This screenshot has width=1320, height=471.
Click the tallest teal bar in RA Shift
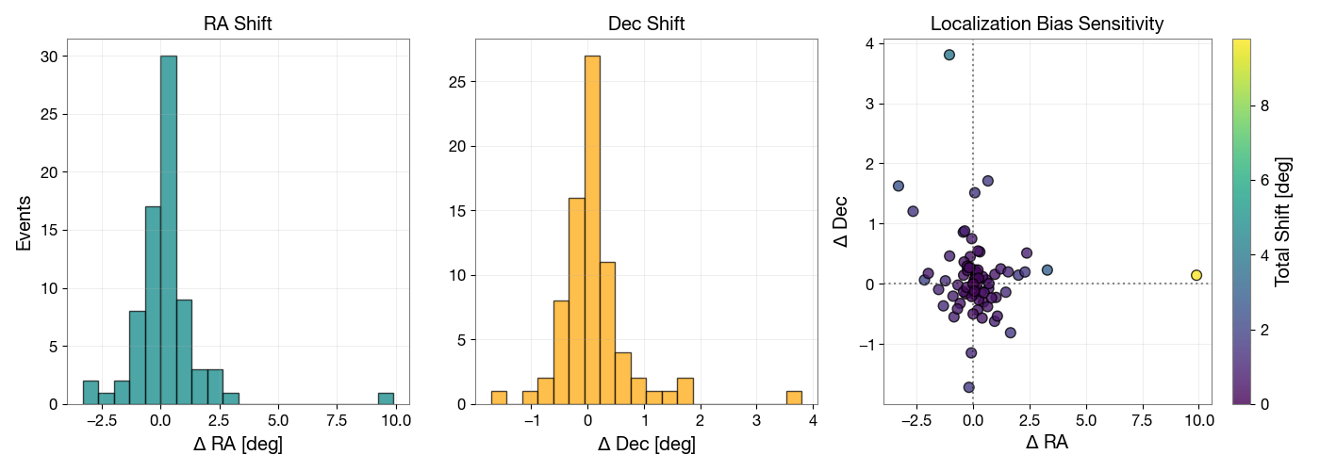tap(169, 230)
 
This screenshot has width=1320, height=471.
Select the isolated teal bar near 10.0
tap(386, 398)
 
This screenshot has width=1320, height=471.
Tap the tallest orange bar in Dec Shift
tap(592, 230)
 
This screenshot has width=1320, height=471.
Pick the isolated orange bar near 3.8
tap(794, 398)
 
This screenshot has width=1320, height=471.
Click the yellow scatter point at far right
tap(1196, 275)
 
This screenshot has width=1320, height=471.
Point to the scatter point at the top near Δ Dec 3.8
tap(949, 55)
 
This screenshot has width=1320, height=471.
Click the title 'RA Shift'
tap(238, 24)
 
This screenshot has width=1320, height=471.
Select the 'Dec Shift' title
tap(646, 24)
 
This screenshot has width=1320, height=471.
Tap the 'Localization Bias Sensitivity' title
tap(1047, 24)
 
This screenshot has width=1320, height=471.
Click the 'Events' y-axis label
tap(25, 222)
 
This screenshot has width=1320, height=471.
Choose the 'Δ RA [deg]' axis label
tap(238, 444)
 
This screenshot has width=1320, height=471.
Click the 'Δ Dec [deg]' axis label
tap(646, 444)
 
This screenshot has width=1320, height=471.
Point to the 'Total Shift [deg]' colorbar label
tap(1282, 222)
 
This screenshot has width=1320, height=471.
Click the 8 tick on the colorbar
tap(1265, 106)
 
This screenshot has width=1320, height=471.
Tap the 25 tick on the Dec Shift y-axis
tap(455, 82)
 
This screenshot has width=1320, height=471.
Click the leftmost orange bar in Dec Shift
tap(499, 398)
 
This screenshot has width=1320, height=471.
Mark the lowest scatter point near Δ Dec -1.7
tap(968, 387)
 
